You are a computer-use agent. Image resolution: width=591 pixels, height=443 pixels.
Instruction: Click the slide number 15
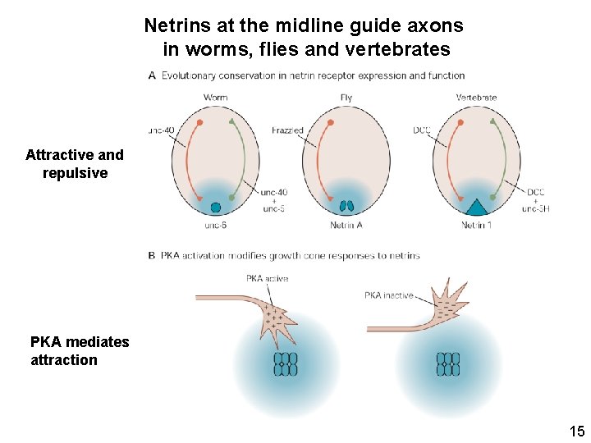point(576,431)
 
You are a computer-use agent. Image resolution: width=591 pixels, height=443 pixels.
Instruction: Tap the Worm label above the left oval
point(215,98)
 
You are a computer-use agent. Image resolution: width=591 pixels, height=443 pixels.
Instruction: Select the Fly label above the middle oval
point(346,98)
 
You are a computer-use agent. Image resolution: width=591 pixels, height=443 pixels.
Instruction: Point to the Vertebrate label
point(476,98)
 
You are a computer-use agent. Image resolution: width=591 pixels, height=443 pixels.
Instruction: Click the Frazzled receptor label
point(287,130)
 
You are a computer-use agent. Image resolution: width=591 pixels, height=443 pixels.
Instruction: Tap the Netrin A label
point(346,225)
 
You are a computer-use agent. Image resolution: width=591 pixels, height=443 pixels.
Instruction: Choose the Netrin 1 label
point(476,225)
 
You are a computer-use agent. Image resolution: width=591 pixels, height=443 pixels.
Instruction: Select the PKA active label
point(268,279)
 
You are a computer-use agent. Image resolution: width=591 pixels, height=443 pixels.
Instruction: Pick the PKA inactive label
point(389,295)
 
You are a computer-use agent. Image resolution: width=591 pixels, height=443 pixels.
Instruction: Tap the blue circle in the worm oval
point(216,208)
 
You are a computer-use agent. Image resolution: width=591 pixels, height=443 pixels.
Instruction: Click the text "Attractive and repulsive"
point(75,163)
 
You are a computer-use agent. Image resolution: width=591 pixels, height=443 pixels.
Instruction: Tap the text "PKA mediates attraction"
point(80,350)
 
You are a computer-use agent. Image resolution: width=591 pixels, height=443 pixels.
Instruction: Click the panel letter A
point(152,75)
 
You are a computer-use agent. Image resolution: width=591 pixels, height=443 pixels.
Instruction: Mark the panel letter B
point(152,255)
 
